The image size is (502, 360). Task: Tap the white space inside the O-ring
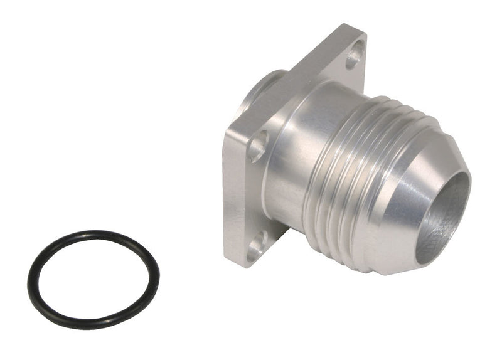93,279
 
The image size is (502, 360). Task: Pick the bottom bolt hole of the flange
256,246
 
